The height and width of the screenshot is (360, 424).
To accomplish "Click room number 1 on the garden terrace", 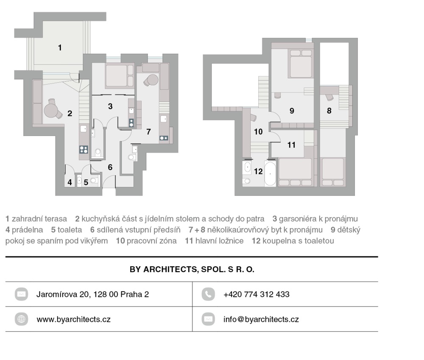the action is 60,47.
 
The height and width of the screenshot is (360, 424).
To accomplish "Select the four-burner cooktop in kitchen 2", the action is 84,150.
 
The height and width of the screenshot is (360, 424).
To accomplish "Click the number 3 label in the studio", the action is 110,106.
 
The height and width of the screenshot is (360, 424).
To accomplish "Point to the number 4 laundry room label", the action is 70,182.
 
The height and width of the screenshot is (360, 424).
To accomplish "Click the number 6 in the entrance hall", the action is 110,167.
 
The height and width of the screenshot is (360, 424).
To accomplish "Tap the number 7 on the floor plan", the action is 148,132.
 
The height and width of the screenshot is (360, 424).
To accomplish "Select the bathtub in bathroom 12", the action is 270,173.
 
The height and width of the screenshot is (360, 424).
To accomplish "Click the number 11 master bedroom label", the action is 291,145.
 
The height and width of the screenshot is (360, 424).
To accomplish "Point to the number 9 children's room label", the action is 292,111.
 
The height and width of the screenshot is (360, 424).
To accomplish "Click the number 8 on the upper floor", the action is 329,111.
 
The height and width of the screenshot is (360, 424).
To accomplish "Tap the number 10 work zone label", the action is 258,132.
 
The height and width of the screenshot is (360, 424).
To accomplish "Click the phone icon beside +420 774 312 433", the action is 208,294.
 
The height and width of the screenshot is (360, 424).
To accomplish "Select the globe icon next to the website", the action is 21,319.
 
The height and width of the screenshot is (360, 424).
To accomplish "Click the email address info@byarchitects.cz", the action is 261,319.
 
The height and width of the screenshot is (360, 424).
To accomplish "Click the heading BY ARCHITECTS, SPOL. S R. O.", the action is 192,269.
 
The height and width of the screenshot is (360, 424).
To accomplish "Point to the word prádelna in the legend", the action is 27,230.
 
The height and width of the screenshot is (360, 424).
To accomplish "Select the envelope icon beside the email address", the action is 208,319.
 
